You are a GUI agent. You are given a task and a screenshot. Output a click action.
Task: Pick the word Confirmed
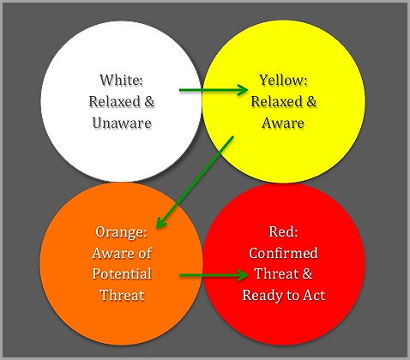[x=284, y=253]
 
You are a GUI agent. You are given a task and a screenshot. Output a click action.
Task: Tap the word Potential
[x=123, y=273]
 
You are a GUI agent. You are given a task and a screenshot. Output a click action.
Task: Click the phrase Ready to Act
[x=284, y=295]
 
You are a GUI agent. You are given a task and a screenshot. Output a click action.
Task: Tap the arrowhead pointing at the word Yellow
[x=249, y=87]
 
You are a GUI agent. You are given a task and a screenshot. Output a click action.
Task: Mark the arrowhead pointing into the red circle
[x=249, y=276]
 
